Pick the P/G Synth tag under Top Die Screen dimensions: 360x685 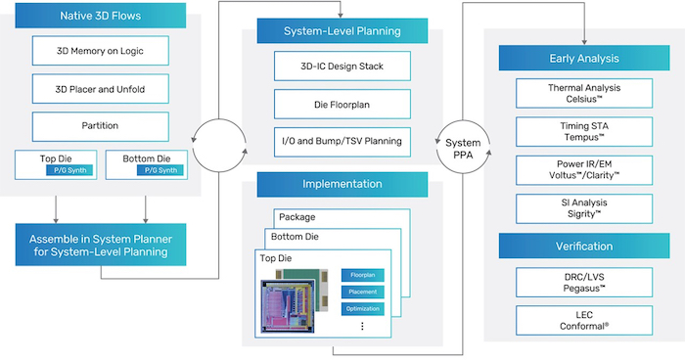coord(68,170)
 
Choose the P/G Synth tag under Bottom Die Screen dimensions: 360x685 coord(158,170)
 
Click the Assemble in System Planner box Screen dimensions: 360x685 coord(101,245)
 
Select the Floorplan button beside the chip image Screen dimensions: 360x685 coord(362,275)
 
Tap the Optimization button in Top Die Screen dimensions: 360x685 coord(362,308)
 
